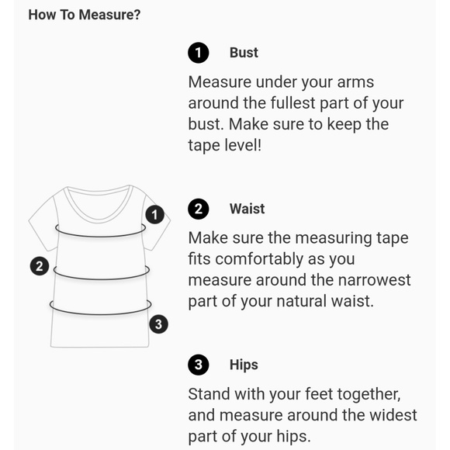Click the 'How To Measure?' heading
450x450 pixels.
click(85, 15)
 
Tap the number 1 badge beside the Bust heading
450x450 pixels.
click(199, 53)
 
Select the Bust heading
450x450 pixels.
click(244, 53)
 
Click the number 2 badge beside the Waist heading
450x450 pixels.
click(199, 209)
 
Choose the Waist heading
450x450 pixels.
click(247, 209)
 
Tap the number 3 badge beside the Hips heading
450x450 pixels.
click(199, 365)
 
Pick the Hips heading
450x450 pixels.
click(244, 365)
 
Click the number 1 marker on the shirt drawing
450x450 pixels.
click(154, 215)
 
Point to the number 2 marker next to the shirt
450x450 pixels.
click(40, 266)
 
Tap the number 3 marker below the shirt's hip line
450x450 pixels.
click(159, 324)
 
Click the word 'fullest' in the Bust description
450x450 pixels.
click(292, 103)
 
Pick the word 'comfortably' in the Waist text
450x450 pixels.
click(259, 259)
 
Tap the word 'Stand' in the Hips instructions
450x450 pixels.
click(209, 394)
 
